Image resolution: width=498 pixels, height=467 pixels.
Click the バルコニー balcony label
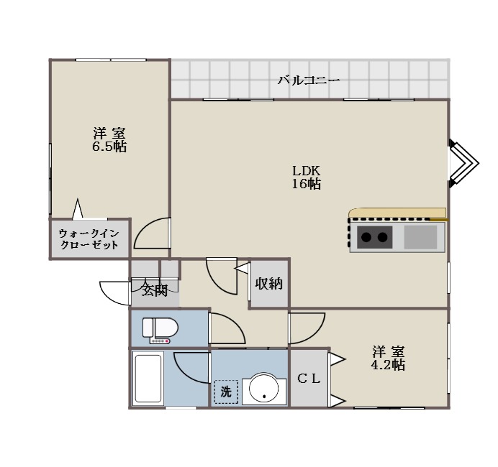tap(309, 80)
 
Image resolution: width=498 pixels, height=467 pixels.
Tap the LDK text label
tap(306, 171)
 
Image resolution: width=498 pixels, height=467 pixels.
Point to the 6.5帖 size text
tap(109, 147)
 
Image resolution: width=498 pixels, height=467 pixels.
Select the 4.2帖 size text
tap(388, 365)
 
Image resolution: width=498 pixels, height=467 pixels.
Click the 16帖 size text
tap(306, 184)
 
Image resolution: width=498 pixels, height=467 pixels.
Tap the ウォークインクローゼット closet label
tap(89, 239)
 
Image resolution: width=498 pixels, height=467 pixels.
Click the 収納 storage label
tap(269, 283)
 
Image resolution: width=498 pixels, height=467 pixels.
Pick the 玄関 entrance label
tap(155, 290)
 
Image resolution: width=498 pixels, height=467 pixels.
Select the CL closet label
tap(309, 378)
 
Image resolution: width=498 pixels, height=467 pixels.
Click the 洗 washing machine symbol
tap(226, 392)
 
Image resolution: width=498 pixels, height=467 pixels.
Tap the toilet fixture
tap(160, 330)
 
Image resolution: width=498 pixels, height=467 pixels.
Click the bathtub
tap(148, 378)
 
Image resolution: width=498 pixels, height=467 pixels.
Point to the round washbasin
tap(264, 387)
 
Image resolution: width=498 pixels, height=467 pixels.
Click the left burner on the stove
tap(366, 237)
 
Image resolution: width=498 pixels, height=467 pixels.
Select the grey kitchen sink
tap(420, 237)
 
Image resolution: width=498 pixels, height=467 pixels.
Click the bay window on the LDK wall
tap(463, 163)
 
